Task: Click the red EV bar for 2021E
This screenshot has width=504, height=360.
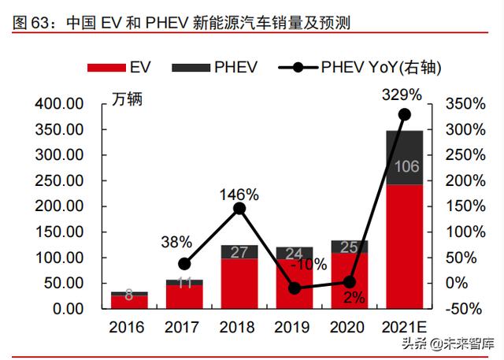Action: (404, 246)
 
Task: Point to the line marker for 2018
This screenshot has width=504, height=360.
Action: (239, 209)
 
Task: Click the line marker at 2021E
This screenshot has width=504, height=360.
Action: (404, 114)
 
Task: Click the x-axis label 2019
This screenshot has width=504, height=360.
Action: (295, 327)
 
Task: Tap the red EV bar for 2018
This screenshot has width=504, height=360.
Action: (239, 284)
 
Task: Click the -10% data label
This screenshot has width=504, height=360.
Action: (309, 265)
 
